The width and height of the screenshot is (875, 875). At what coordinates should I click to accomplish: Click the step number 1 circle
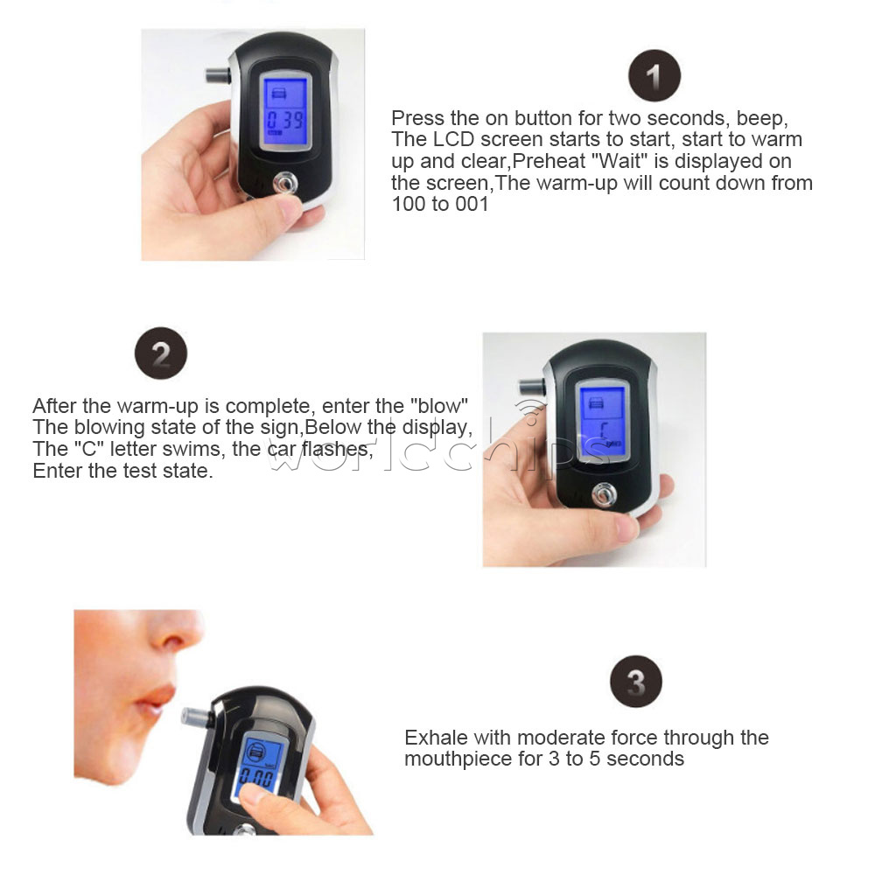coord(654,75)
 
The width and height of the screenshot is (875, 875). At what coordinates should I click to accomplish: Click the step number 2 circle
coord(161,353)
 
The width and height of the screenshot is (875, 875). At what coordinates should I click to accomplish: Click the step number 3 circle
coord(635,682)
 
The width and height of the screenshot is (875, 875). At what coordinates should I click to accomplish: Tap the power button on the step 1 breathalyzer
coord(284,184)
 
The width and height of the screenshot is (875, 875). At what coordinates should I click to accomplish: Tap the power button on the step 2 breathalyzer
coord(604,495)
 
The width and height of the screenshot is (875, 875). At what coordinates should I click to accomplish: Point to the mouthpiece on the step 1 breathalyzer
coord(218,74)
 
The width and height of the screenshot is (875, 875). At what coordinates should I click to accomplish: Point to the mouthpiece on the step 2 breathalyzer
coord(532,386)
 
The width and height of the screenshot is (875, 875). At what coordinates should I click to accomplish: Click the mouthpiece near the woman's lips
coord(195,717)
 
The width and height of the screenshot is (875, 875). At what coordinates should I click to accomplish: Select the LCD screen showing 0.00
coord(258,766)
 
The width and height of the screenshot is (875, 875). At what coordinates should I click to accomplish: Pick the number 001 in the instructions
coord(472,204)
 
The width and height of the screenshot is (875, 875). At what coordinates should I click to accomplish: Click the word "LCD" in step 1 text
coord(453,139)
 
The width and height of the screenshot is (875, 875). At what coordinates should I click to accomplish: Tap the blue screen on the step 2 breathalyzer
coord(602,422)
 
